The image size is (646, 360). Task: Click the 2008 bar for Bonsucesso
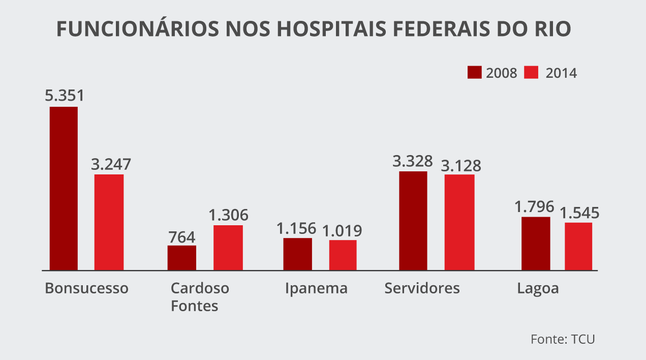64,188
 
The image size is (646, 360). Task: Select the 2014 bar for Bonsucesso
109,222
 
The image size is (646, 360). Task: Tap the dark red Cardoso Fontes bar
181,258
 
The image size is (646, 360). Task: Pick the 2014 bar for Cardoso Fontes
228,248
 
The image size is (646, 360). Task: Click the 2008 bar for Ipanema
297,254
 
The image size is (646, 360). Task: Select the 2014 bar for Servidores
459,222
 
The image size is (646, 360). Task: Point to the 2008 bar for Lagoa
536,244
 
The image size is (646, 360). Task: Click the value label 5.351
64,96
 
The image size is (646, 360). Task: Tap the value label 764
181,236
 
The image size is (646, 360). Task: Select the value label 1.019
343,230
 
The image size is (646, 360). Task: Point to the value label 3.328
412,161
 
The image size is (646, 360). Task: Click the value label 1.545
579,213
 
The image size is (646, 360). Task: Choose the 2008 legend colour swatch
474,73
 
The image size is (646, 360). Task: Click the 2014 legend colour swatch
531,73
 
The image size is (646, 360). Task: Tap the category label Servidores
422,288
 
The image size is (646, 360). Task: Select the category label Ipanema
316,288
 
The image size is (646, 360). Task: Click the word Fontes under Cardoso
194,306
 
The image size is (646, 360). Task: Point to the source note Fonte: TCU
563,339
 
